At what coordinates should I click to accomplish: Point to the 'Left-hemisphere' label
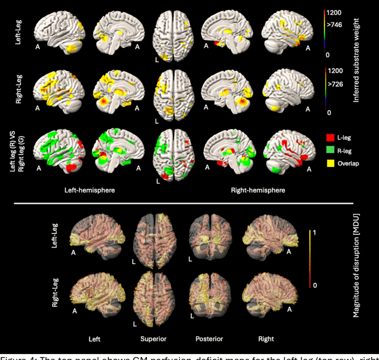[x=89, y=191]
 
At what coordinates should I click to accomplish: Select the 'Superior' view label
[x=153, y=339]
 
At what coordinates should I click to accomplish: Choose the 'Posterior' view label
[x=210, y=339]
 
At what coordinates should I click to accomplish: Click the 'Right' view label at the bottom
[x=266, y=339]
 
